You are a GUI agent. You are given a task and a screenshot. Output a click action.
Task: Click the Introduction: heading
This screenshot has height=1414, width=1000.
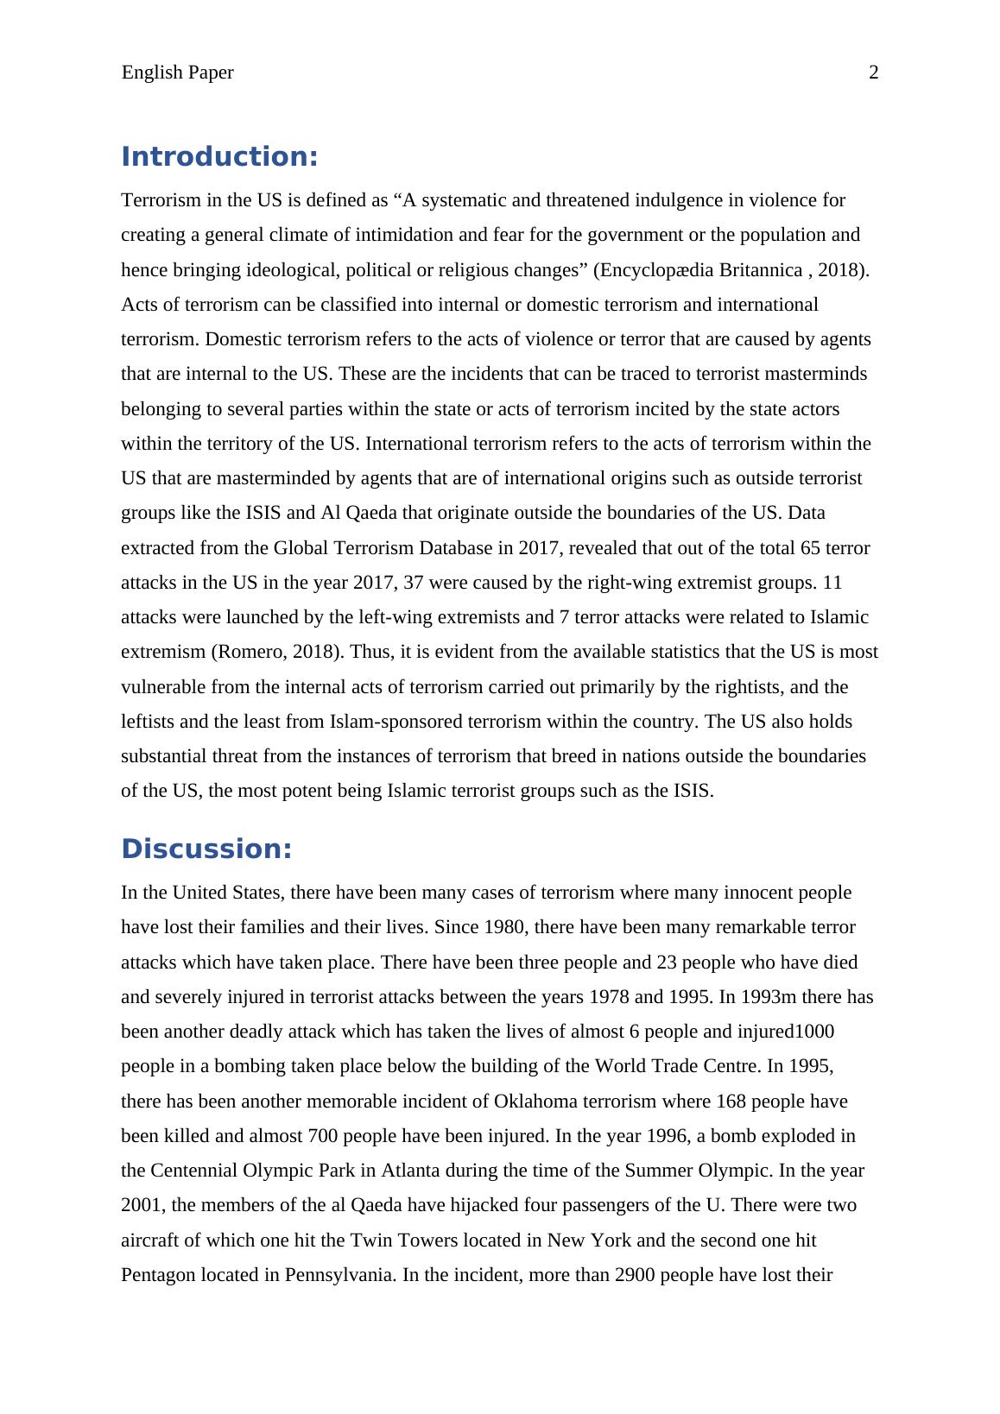(x=219, y=157)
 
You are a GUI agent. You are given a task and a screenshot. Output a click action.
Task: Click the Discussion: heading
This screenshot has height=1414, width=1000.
(x=206, y=849)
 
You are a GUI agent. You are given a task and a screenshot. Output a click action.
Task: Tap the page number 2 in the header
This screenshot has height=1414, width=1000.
(x=873, y=73)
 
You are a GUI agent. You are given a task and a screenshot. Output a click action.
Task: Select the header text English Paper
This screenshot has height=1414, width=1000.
(x=177, y=73)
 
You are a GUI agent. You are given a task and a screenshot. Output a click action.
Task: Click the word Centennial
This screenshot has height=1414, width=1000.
(x=193, y=1171)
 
